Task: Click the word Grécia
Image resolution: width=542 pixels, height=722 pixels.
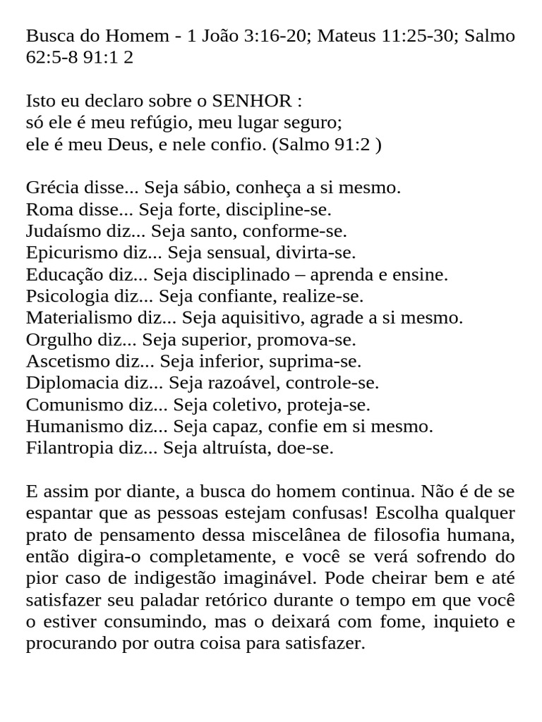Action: [x=49, y=188]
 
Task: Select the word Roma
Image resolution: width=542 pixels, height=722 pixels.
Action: [x=44, y=209]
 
